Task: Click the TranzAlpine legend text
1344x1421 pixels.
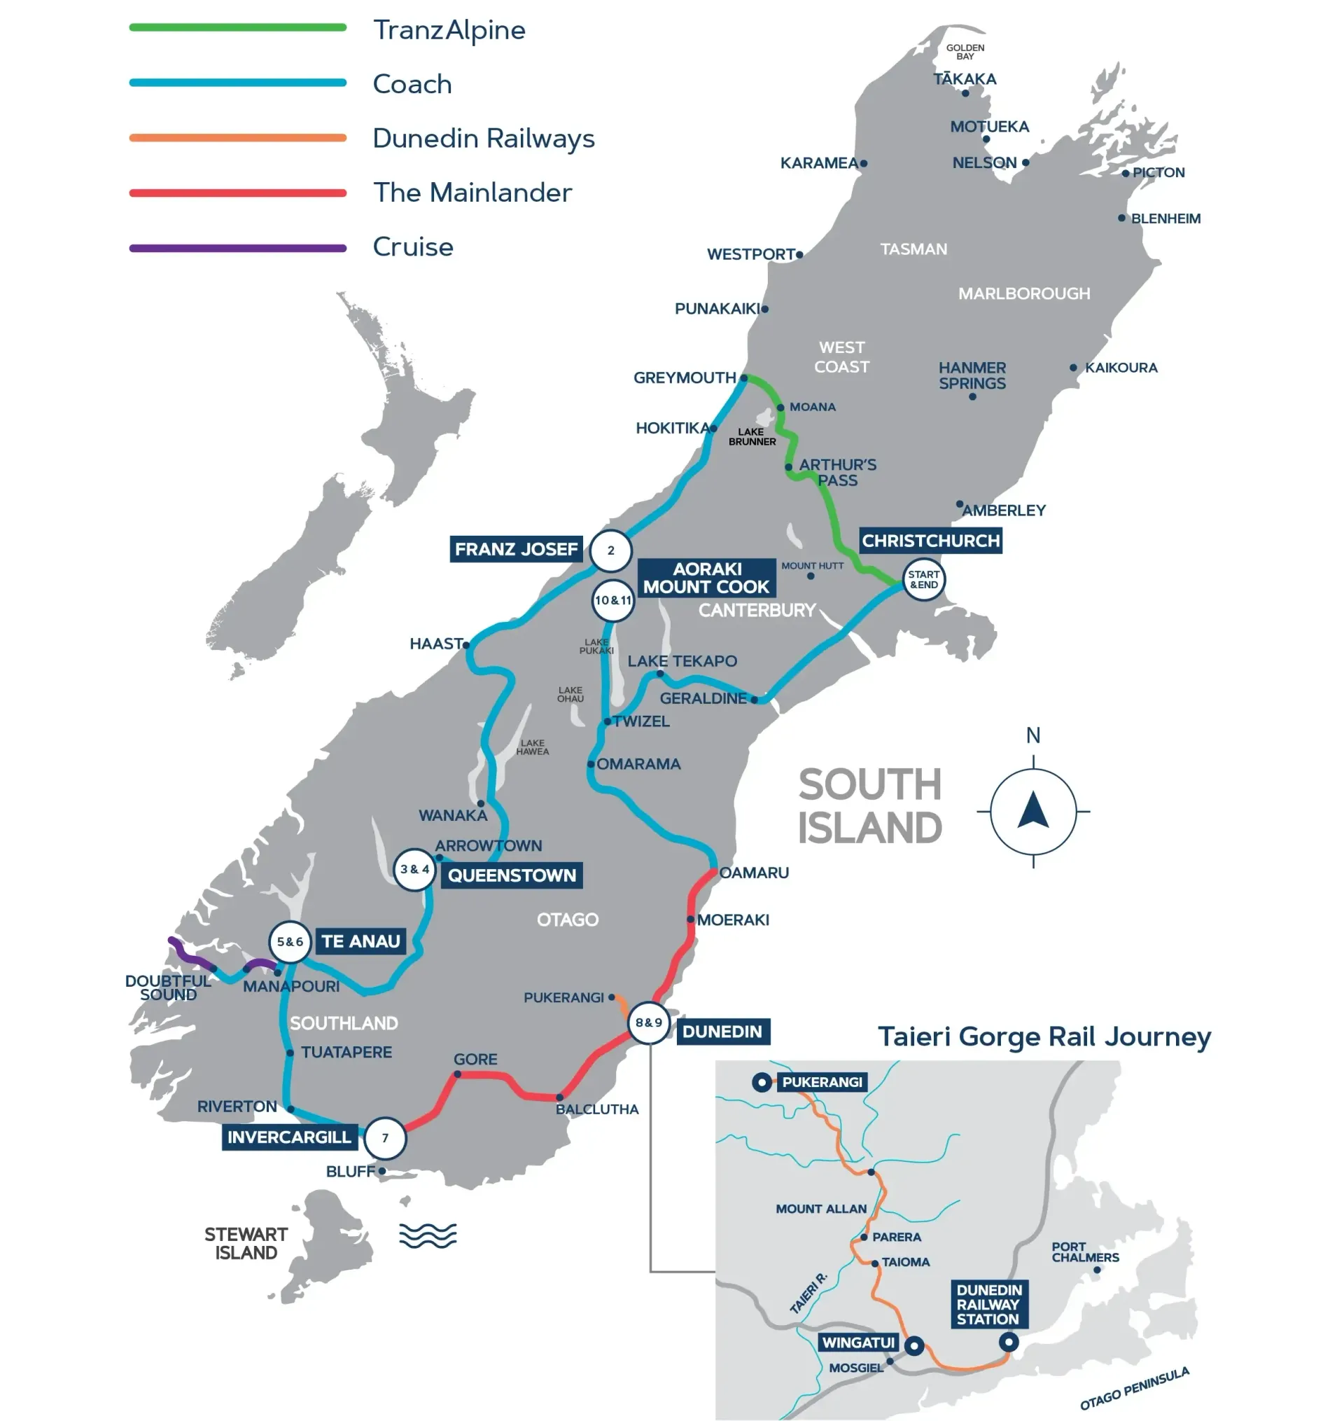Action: tap(449, 30)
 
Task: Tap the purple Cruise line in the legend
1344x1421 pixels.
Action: tap(238, 248)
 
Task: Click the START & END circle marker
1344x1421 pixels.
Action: tap(923, 579)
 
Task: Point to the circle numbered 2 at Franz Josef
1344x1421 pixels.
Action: tap(610, 550)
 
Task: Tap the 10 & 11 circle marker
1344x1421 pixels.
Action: tap(613, 599)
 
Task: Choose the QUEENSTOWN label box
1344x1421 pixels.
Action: tap(512, 875)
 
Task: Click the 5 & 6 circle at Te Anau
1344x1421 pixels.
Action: tap(289, 941)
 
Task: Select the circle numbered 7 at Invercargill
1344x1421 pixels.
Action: tap(386, 1137)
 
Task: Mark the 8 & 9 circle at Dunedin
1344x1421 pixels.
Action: tap(648, 1023)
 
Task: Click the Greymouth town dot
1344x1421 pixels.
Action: tap(743, 377)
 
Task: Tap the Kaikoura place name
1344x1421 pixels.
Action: tap(1121, 368)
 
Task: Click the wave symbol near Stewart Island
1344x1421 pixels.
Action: tap(428, 1235)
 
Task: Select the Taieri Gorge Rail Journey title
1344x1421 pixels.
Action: tap(1044, 1037)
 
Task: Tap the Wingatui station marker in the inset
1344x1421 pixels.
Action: tap(914, 1345)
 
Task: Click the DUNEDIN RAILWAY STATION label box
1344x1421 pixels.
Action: tap(988, 1304)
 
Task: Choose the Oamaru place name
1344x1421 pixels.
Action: tap(754, 873)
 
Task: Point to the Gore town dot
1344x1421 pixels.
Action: tap(457, 1074)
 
